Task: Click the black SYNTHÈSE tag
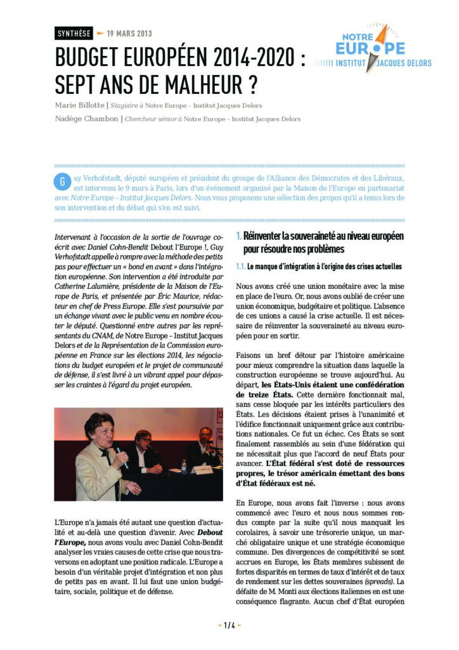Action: [x=74, y=34]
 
